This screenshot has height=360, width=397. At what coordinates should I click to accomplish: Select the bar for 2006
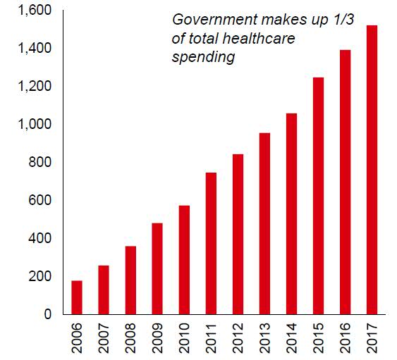pos(77,297)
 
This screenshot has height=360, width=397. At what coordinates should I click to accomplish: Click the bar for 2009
pos(157,268)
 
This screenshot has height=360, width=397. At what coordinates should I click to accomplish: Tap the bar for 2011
pos(211,243)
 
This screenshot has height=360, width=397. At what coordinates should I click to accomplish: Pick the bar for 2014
pos(291,213)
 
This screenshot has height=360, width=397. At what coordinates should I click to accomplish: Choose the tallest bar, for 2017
pos(372,170)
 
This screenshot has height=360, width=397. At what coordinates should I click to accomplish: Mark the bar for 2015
pos(318,196)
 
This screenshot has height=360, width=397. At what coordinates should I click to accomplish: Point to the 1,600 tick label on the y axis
pos(32,11)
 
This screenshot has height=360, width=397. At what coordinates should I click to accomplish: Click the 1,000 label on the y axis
pos(32,125)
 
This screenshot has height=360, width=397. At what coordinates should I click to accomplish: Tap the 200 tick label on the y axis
pos(37,276)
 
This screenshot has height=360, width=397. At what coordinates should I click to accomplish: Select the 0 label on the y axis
pos(47,314)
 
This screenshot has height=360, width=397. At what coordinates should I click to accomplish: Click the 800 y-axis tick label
pos(37,163)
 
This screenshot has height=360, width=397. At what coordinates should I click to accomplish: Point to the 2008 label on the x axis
pos(131,338)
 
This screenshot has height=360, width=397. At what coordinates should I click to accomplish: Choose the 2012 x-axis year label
pos(238,338)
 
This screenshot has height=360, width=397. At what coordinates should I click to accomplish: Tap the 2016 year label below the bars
pos(346,338)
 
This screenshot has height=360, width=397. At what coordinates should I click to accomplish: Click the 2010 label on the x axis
pos(185,338)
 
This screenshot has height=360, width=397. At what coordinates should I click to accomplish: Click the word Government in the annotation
pos(210,21)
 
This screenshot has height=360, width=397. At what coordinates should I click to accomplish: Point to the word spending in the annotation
pos(202,58)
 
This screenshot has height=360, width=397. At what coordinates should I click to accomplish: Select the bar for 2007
pos(104,290)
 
